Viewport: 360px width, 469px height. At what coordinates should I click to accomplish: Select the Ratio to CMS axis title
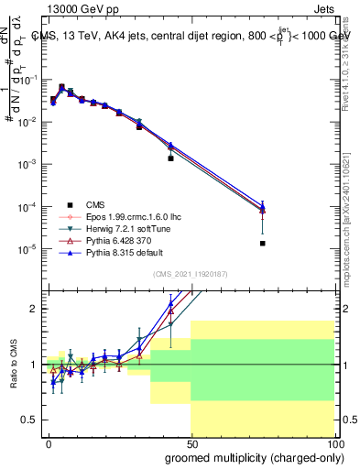coord(13,365)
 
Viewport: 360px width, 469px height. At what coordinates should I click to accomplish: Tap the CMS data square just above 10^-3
coord(170,158)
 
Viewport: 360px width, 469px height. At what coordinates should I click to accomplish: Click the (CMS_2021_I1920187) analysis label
coord(190,275)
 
